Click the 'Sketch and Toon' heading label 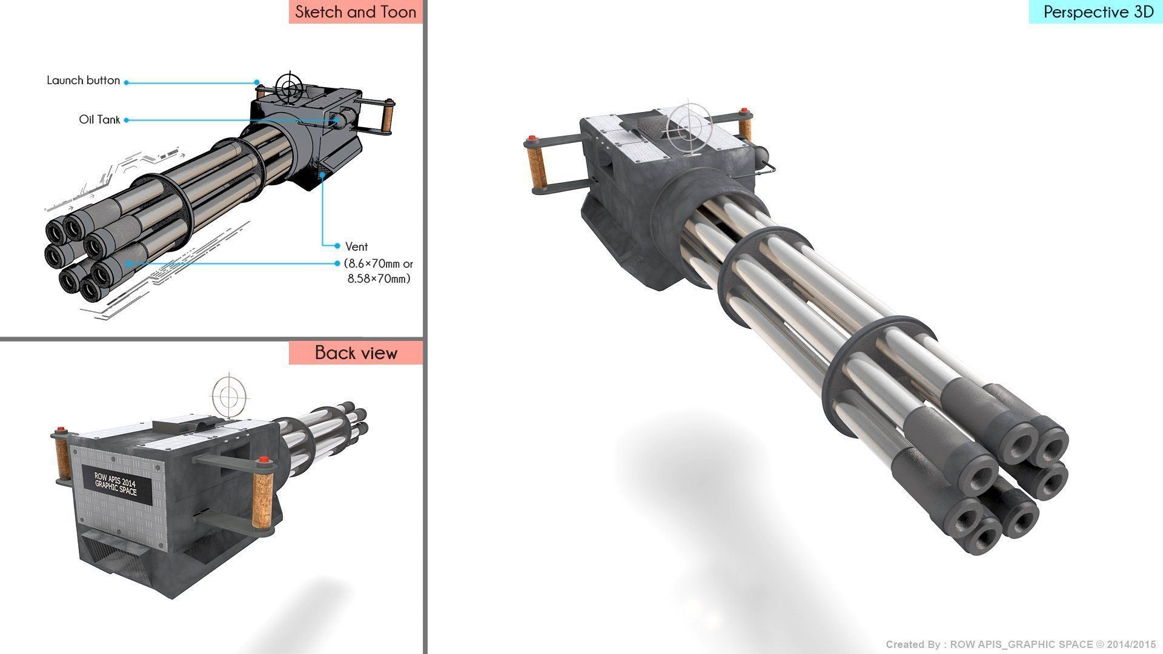pyautogui.click(x=356, y=12)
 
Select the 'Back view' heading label pyautogui.click(x=356, y=352)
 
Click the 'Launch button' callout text pyautogui.click(x=83, y=81)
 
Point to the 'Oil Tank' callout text pyautogui.click(x=99, y=120)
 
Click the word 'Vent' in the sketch pyautogui.click(x=356, y=246)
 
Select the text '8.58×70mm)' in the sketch pyautogui.click(x=379, y=279)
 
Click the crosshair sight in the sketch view pyautogui.click(x=290, y=87)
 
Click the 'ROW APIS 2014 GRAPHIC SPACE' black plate pyautogui.click(x=115, y=485)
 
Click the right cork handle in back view pyautogui.click(x=262, y=491)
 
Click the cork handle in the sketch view pyautogui.click(x=386, y=119)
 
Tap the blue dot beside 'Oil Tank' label pyautogui.click(x=127, y=121)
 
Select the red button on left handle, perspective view pyautogui.click(x=532, y=139)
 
